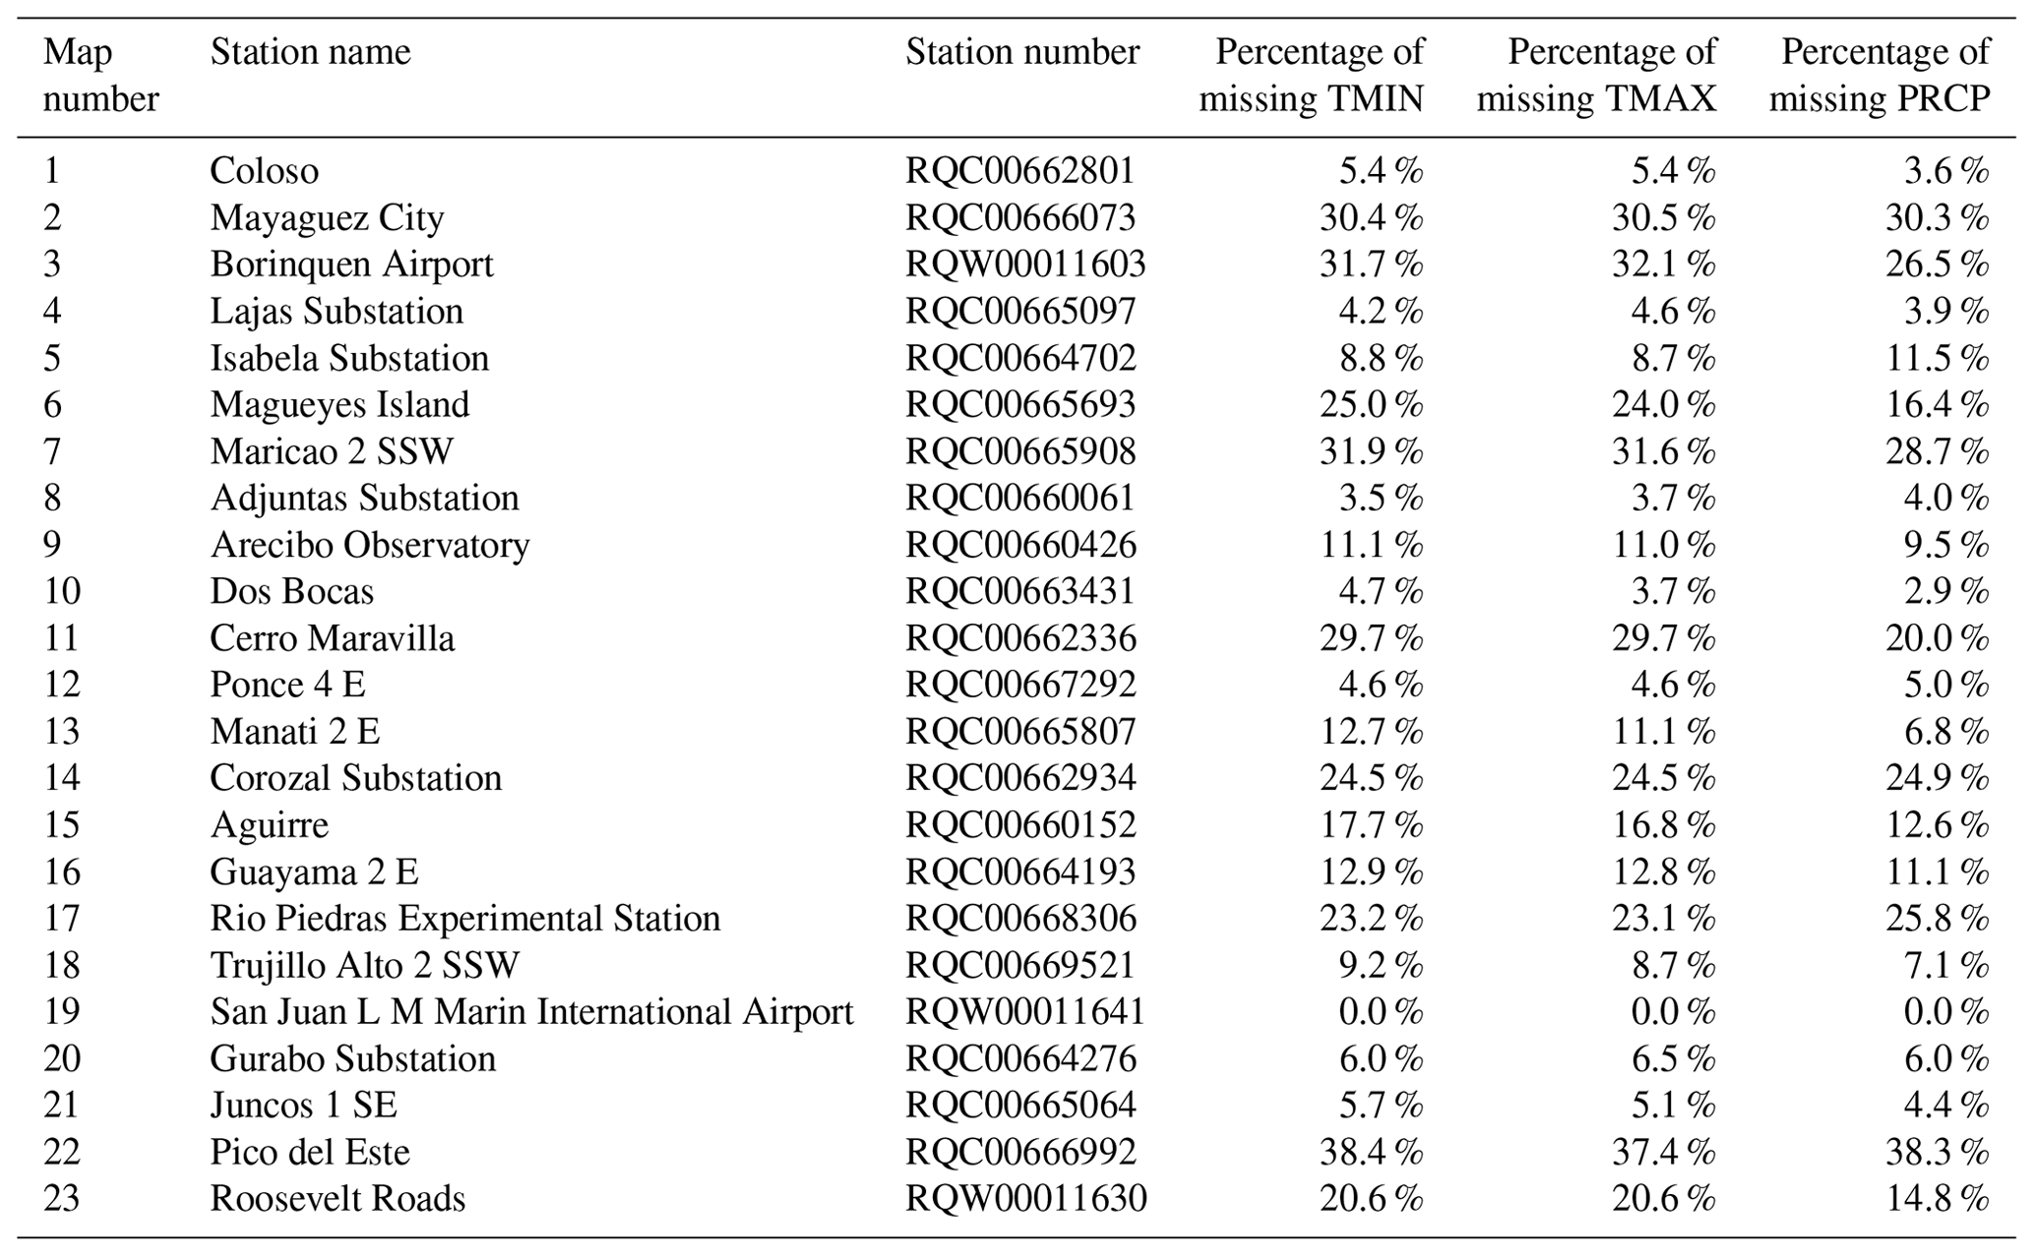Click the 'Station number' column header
[1021, 52]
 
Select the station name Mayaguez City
[327, 217]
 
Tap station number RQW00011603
[1025, 265]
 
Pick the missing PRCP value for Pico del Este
[1936, 1152]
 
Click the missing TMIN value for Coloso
[1381, 171]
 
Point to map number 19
[61, 1012]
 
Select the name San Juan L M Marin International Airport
[531, 1012]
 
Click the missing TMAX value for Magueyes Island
[1663, 404]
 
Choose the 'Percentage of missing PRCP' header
[1880, 76]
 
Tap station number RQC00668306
[1020, 919]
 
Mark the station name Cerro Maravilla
[332, 638]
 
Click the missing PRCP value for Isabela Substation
[1936, 358]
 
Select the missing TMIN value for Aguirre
[1371, 825]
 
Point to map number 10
[61, 591]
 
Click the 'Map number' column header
[100, 76]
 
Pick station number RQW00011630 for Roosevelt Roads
[1025, 1199]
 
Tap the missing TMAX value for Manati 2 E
[1663, 732]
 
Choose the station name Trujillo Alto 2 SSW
[364, 965]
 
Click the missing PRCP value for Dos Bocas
[1945, 591]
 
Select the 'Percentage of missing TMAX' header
[1596, 76]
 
